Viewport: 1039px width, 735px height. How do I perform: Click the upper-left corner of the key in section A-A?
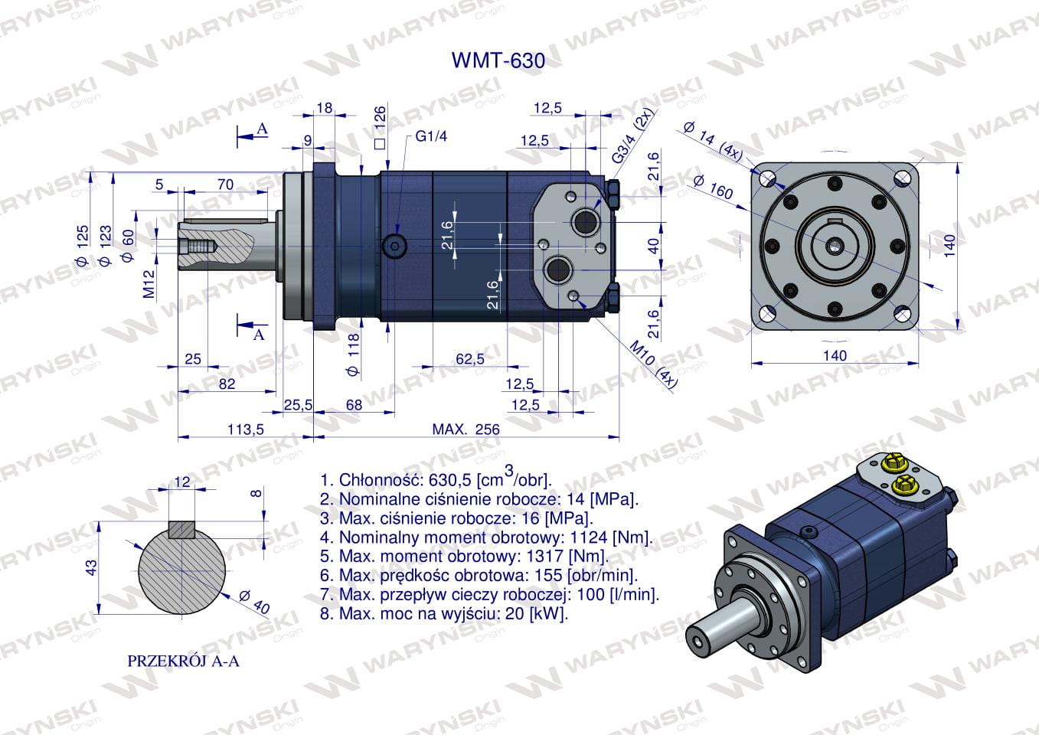(170, 521)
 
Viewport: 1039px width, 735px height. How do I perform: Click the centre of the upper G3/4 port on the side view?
(586, 222)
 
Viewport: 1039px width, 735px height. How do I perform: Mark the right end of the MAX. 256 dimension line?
(619, 436)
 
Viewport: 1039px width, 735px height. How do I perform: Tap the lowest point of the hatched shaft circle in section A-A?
(182, 615)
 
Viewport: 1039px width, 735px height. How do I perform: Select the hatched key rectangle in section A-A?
(182, 530)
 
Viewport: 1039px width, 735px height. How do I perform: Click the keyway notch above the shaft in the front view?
(835, 220)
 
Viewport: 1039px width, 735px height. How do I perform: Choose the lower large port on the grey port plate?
(558, 269)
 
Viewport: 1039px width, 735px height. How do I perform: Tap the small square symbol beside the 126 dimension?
(380, 144)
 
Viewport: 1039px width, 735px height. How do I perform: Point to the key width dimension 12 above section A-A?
(182, 482)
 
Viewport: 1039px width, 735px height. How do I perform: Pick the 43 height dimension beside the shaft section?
(92, 567)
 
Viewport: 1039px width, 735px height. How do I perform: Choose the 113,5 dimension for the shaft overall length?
(245, 430)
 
